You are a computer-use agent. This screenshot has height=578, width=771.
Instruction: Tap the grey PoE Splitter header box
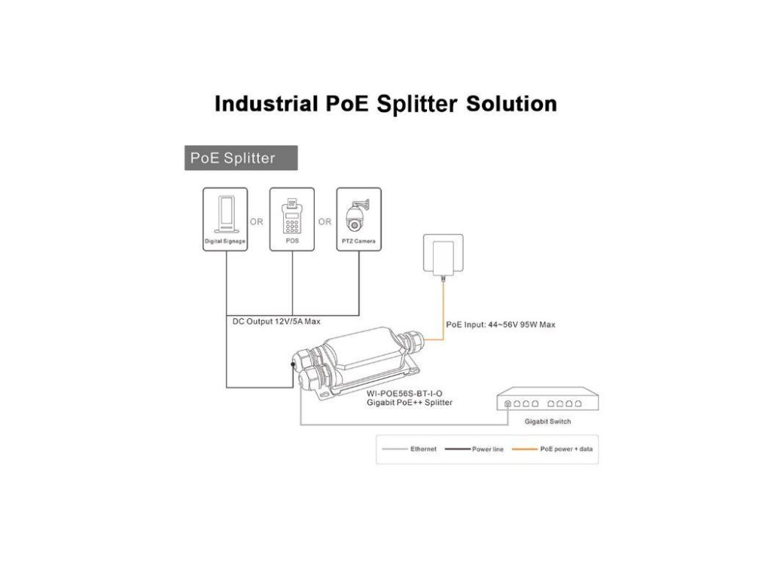[241, 158]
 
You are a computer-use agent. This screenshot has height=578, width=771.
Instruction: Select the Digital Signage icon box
[225, 218]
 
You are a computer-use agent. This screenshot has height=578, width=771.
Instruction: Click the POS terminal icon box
[292, 218]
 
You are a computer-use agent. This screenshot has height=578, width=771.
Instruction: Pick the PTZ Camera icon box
[358, 218]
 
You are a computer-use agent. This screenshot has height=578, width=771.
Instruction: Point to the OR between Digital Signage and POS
[257, 222]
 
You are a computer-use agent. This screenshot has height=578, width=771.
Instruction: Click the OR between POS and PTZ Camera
[325, 222]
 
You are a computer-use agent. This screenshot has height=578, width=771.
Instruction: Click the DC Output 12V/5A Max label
[276, 321]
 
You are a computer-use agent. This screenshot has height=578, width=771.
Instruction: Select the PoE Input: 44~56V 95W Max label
[501, 325]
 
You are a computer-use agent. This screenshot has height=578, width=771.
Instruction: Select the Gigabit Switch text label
[547, 421]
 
